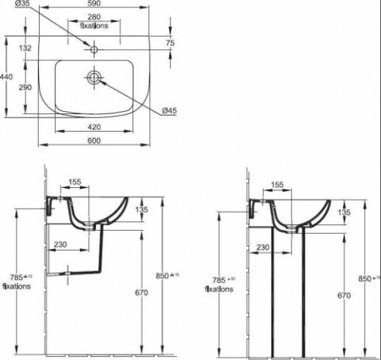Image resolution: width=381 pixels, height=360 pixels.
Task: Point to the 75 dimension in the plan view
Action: [170, 43]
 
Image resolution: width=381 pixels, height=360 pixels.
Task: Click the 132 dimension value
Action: [25, 48]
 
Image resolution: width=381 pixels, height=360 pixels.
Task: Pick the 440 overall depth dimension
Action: [7, 76]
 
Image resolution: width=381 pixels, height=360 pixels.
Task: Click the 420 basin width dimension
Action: [94, 126]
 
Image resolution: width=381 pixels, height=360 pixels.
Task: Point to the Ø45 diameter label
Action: [168, 110]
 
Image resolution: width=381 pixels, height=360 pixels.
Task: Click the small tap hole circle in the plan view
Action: [94, 50]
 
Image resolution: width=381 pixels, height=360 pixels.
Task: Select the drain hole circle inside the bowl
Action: [94, 78]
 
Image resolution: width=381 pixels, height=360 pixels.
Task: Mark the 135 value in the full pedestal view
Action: [344, 213]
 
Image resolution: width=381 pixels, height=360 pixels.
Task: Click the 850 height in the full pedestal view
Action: [365, 278]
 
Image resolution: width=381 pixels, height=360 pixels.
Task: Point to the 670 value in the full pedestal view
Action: [343, 295]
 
